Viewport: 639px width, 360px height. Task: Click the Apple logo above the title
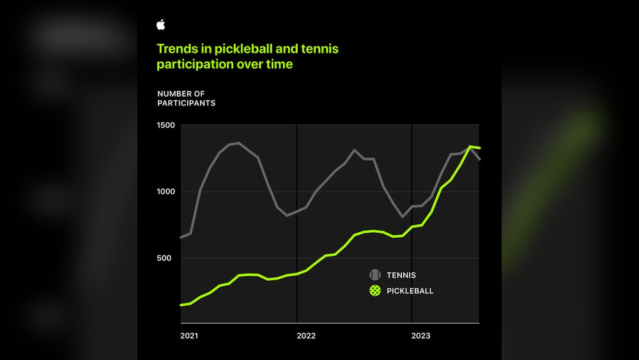coord(161,25)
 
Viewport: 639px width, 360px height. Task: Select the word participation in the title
coord(194,65)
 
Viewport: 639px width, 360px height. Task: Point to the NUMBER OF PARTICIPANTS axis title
coord(186,98)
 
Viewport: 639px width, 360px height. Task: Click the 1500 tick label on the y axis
coord(166,125)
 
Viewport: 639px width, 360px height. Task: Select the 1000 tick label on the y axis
coord(166,192)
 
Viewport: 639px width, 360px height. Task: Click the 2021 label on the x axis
coord(189,336)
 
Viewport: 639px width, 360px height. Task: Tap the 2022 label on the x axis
coord(305,336)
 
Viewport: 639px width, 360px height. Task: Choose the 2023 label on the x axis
coord(420,336)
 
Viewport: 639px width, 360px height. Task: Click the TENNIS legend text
coord(401,276)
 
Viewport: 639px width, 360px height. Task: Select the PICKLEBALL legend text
coord(410,291)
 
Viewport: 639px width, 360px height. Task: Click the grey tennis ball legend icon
coord(375,275)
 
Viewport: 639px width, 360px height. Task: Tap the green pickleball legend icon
coord(375,291)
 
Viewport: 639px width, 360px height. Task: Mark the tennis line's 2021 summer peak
coord(238,143)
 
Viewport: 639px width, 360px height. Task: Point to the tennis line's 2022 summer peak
coord(355,150)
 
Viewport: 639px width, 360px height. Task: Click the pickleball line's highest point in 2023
coord(470,147)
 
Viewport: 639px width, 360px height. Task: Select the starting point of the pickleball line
coord(181,305)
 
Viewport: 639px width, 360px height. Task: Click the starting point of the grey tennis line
coord(181,237)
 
